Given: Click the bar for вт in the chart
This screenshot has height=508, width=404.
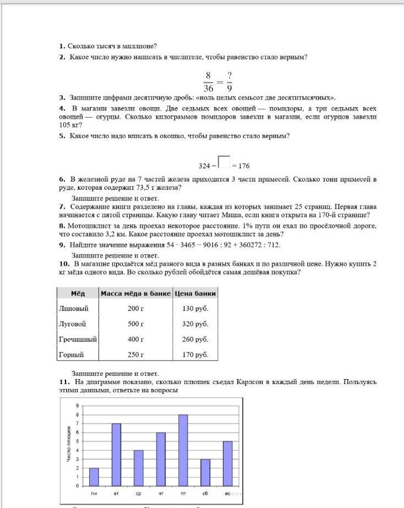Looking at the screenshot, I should (116, 455).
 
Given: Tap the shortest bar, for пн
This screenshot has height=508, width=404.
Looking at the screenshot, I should (94, 477).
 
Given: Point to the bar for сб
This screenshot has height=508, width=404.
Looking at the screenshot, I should (205, 472).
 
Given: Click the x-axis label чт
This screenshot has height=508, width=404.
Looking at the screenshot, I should (161, 494).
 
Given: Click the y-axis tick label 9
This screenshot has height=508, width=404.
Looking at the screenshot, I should (78, 406).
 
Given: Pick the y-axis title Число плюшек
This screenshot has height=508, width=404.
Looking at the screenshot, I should (68, 443).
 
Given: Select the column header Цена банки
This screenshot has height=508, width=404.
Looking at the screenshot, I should (195, 293).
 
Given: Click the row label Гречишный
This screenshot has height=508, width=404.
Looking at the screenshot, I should (78, 340).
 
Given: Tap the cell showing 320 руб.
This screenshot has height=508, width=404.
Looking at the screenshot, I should (195, 324).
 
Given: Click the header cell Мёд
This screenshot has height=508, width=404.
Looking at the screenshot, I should (78, 293).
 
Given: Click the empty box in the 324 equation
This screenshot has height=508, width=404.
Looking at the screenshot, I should (223, 161).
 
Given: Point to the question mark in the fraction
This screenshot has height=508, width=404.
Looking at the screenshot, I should (229, 75).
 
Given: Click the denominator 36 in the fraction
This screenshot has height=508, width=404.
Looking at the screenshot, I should (208, 88).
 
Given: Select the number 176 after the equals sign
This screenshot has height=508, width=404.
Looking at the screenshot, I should (245, 166).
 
